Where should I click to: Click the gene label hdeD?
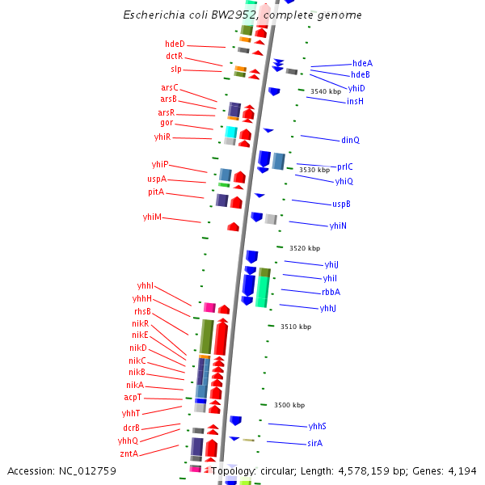175,44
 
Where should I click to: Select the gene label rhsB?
142,311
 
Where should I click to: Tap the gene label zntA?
129,453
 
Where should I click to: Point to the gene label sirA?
314,443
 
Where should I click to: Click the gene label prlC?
345,166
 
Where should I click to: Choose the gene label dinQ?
350,140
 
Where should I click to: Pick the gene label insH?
355,101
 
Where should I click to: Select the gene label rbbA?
331,292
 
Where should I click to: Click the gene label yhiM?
152,217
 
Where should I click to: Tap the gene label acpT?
133,398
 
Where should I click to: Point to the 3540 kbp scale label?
326,91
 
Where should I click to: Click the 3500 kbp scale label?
289,405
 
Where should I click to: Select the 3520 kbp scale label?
305,248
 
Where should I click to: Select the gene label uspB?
341,204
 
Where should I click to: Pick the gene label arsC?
169,87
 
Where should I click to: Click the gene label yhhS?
317,426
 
